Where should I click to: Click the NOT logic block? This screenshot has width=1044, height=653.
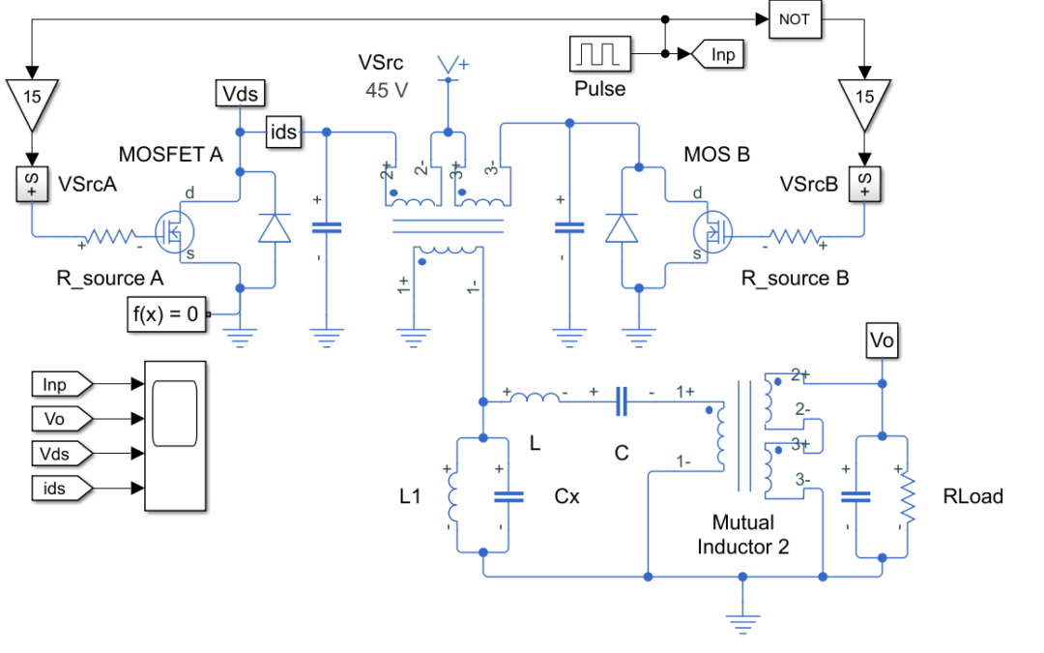(x=795, y=19)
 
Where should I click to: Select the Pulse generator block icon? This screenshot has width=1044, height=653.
(x=600, y=54)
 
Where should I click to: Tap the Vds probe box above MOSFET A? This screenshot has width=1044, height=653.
(x=241, y=93)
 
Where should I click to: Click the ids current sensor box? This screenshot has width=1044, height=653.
(x=283, y=132)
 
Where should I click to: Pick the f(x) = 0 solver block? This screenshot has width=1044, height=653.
(x=166, y=313)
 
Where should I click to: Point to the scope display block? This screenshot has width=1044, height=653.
(x=175, y=436)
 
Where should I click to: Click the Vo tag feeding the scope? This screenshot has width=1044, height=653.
(x=61, y=419)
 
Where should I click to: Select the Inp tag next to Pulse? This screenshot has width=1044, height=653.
(x=717, y=54)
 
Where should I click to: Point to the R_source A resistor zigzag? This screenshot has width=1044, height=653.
(x=110, y=236)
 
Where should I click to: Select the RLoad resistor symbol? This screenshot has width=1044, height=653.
(x=907, y=497)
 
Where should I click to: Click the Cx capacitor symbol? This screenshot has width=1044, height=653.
(x=508, y=497)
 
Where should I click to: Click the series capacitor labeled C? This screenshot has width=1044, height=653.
(x=622, y=401)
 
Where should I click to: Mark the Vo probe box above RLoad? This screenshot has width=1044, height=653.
(x=882, y=341)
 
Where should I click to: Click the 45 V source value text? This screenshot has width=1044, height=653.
(x=387, y=90)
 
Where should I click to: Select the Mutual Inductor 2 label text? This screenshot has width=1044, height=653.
(x=743, y=534)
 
